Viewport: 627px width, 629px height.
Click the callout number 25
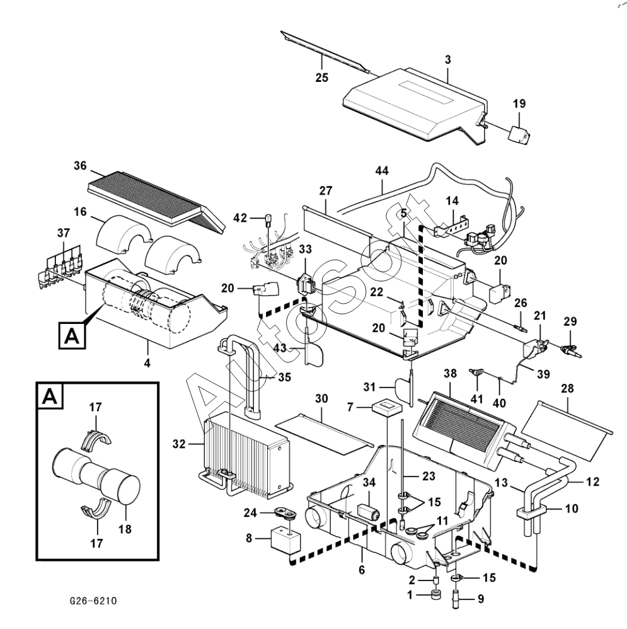coord(322,78)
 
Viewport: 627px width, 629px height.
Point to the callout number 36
coord(79,166)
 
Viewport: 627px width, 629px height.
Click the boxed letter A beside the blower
coord(71,335)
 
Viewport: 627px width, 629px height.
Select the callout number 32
coord(179,444)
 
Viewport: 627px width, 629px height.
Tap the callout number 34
coord(369,483)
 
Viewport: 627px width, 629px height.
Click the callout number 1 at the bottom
coord(410,596)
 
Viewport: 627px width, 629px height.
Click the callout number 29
coord(570,322)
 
